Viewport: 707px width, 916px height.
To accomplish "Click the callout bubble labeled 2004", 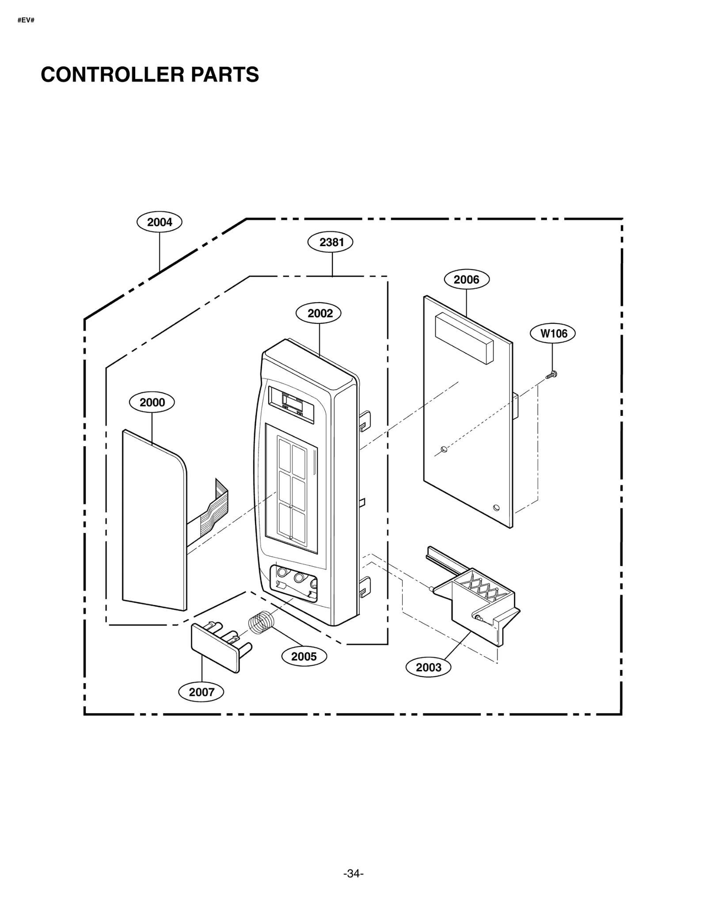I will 160,222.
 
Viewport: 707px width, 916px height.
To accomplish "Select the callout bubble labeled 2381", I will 331,242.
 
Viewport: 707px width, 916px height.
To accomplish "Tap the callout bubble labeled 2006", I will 466,279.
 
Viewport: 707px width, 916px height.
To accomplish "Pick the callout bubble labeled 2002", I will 320,313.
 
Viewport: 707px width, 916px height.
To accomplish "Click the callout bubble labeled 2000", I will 152,402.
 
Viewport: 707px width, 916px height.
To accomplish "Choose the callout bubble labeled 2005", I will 304,656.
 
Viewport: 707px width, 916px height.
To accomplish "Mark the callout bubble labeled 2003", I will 428,667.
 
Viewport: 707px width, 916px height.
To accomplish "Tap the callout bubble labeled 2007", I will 201,692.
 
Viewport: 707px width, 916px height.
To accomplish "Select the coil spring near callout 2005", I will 261,622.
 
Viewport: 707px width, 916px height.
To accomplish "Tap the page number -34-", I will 353,874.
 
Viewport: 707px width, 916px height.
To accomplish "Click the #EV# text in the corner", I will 26,20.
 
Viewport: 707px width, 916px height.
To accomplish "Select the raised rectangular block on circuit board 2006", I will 464,338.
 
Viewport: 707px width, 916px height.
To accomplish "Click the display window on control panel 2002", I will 292,403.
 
